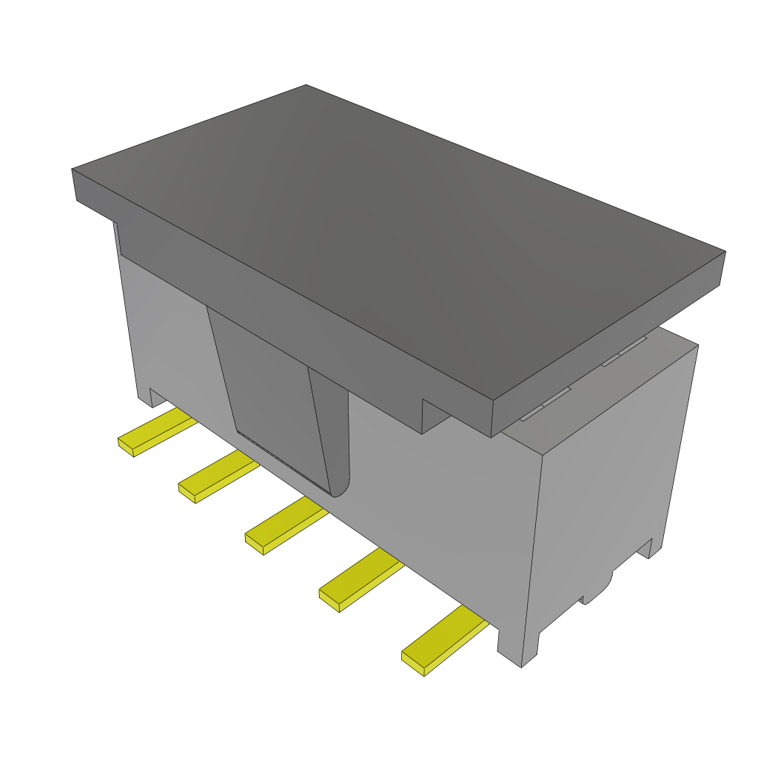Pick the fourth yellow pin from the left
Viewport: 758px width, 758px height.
(x=360, y=579)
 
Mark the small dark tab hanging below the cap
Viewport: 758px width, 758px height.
(x=435, y=415)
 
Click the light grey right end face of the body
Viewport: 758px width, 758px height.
(x=614, y=474)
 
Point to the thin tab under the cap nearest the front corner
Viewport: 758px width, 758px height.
(x=546, y=404)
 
